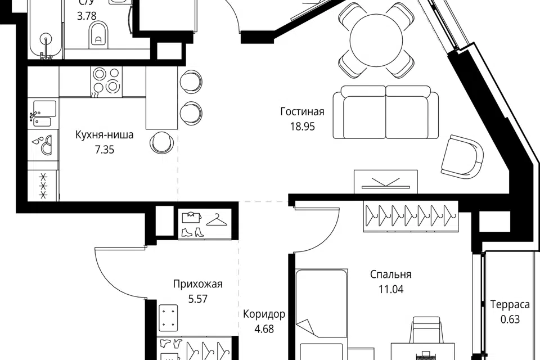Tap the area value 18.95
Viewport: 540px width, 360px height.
(302, 127)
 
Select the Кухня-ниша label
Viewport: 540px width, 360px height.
(104, 135)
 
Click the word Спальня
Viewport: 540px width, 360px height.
(390, 274)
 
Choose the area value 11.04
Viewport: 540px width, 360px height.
(391, 290)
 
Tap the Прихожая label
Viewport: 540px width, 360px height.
(197, 284)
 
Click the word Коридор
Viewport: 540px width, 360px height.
(264, 314)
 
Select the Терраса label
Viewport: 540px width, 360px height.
(510, 305)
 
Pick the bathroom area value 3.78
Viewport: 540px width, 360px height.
(87, 16)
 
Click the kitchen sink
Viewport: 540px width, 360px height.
(43, 113)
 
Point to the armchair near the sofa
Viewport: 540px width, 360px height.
(462, 155)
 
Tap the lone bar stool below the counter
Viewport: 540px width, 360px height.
(162, 142)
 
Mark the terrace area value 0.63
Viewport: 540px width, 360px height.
(510, 319)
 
